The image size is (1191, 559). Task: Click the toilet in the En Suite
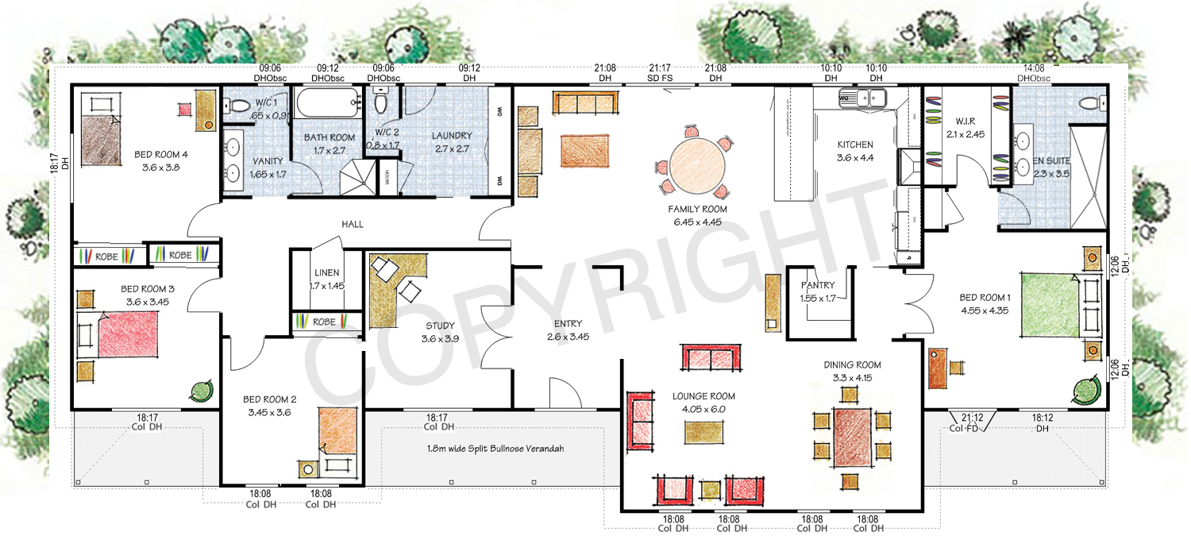point(1093,103)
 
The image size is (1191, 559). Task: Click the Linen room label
point(326,279)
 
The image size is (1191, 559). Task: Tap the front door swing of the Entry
point(562,392)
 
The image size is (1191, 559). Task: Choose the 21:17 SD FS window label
point(660,73)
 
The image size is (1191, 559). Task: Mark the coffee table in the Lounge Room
point(704,432)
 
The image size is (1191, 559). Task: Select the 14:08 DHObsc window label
point(1034,73)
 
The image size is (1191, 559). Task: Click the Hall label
point(353,225)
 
